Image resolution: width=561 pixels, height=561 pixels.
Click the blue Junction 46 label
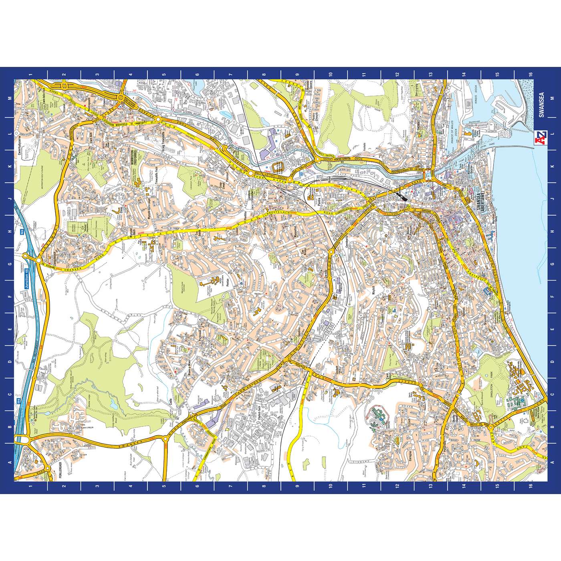point(27,271)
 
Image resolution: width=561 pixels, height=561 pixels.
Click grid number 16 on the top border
point(531,74)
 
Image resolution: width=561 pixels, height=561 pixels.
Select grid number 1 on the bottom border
point(30,487)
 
